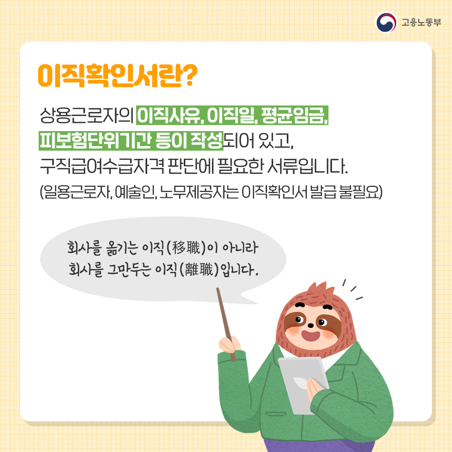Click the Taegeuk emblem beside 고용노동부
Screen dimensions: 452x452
click(x=386, y=22)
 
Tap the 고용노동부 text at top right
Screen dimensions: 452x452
click(x=421, y=23)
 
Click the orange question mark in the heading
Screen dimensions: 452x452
click(x=190, y=75)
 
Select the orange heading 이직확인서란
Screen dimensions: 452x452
click(x=110, y=75)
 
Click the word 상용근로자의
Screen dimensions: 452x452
click(x=86, y=116)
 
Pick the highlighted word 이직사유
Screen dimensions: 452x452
click(x=170, y=116)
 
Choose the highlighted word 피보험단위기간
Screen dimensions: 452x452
click(x=95, y=141)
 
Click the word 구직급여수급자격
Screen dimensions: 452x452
click(x=102, y=166)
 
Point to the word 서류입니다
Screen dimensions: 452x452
click(x=307, y=166)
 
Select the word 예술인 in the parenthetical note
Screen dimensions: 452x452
click(x=136, y=192)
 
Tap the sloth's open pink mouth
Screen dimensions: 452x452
click(x=310, y=335)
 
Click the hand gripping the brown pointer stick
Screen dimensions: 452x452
click(x=230, y=345)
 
